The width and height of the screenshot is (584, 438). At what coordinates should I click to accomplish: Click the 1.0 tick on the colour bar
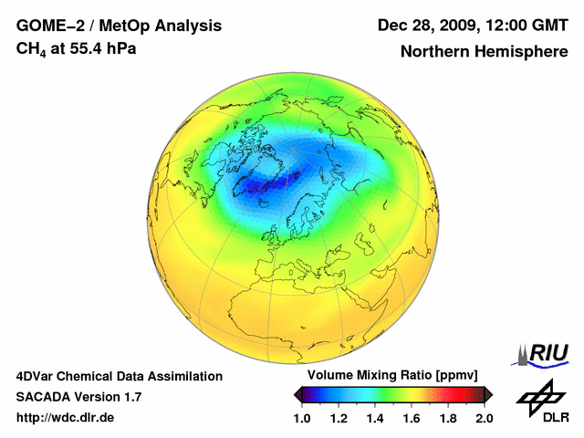[302, 419]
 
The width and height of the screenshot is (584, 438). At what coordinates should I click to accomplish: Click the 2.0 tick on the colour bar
[485, 419]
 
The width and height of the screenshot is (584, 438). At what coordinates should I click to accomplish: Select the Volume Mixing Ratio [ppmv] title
[392, 376]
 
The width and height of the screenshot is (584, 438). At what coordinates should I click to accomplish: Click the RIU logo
[545, 353]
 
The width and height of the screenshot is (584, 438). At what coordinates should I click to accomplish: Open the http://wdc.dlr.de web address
[66, 418]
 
